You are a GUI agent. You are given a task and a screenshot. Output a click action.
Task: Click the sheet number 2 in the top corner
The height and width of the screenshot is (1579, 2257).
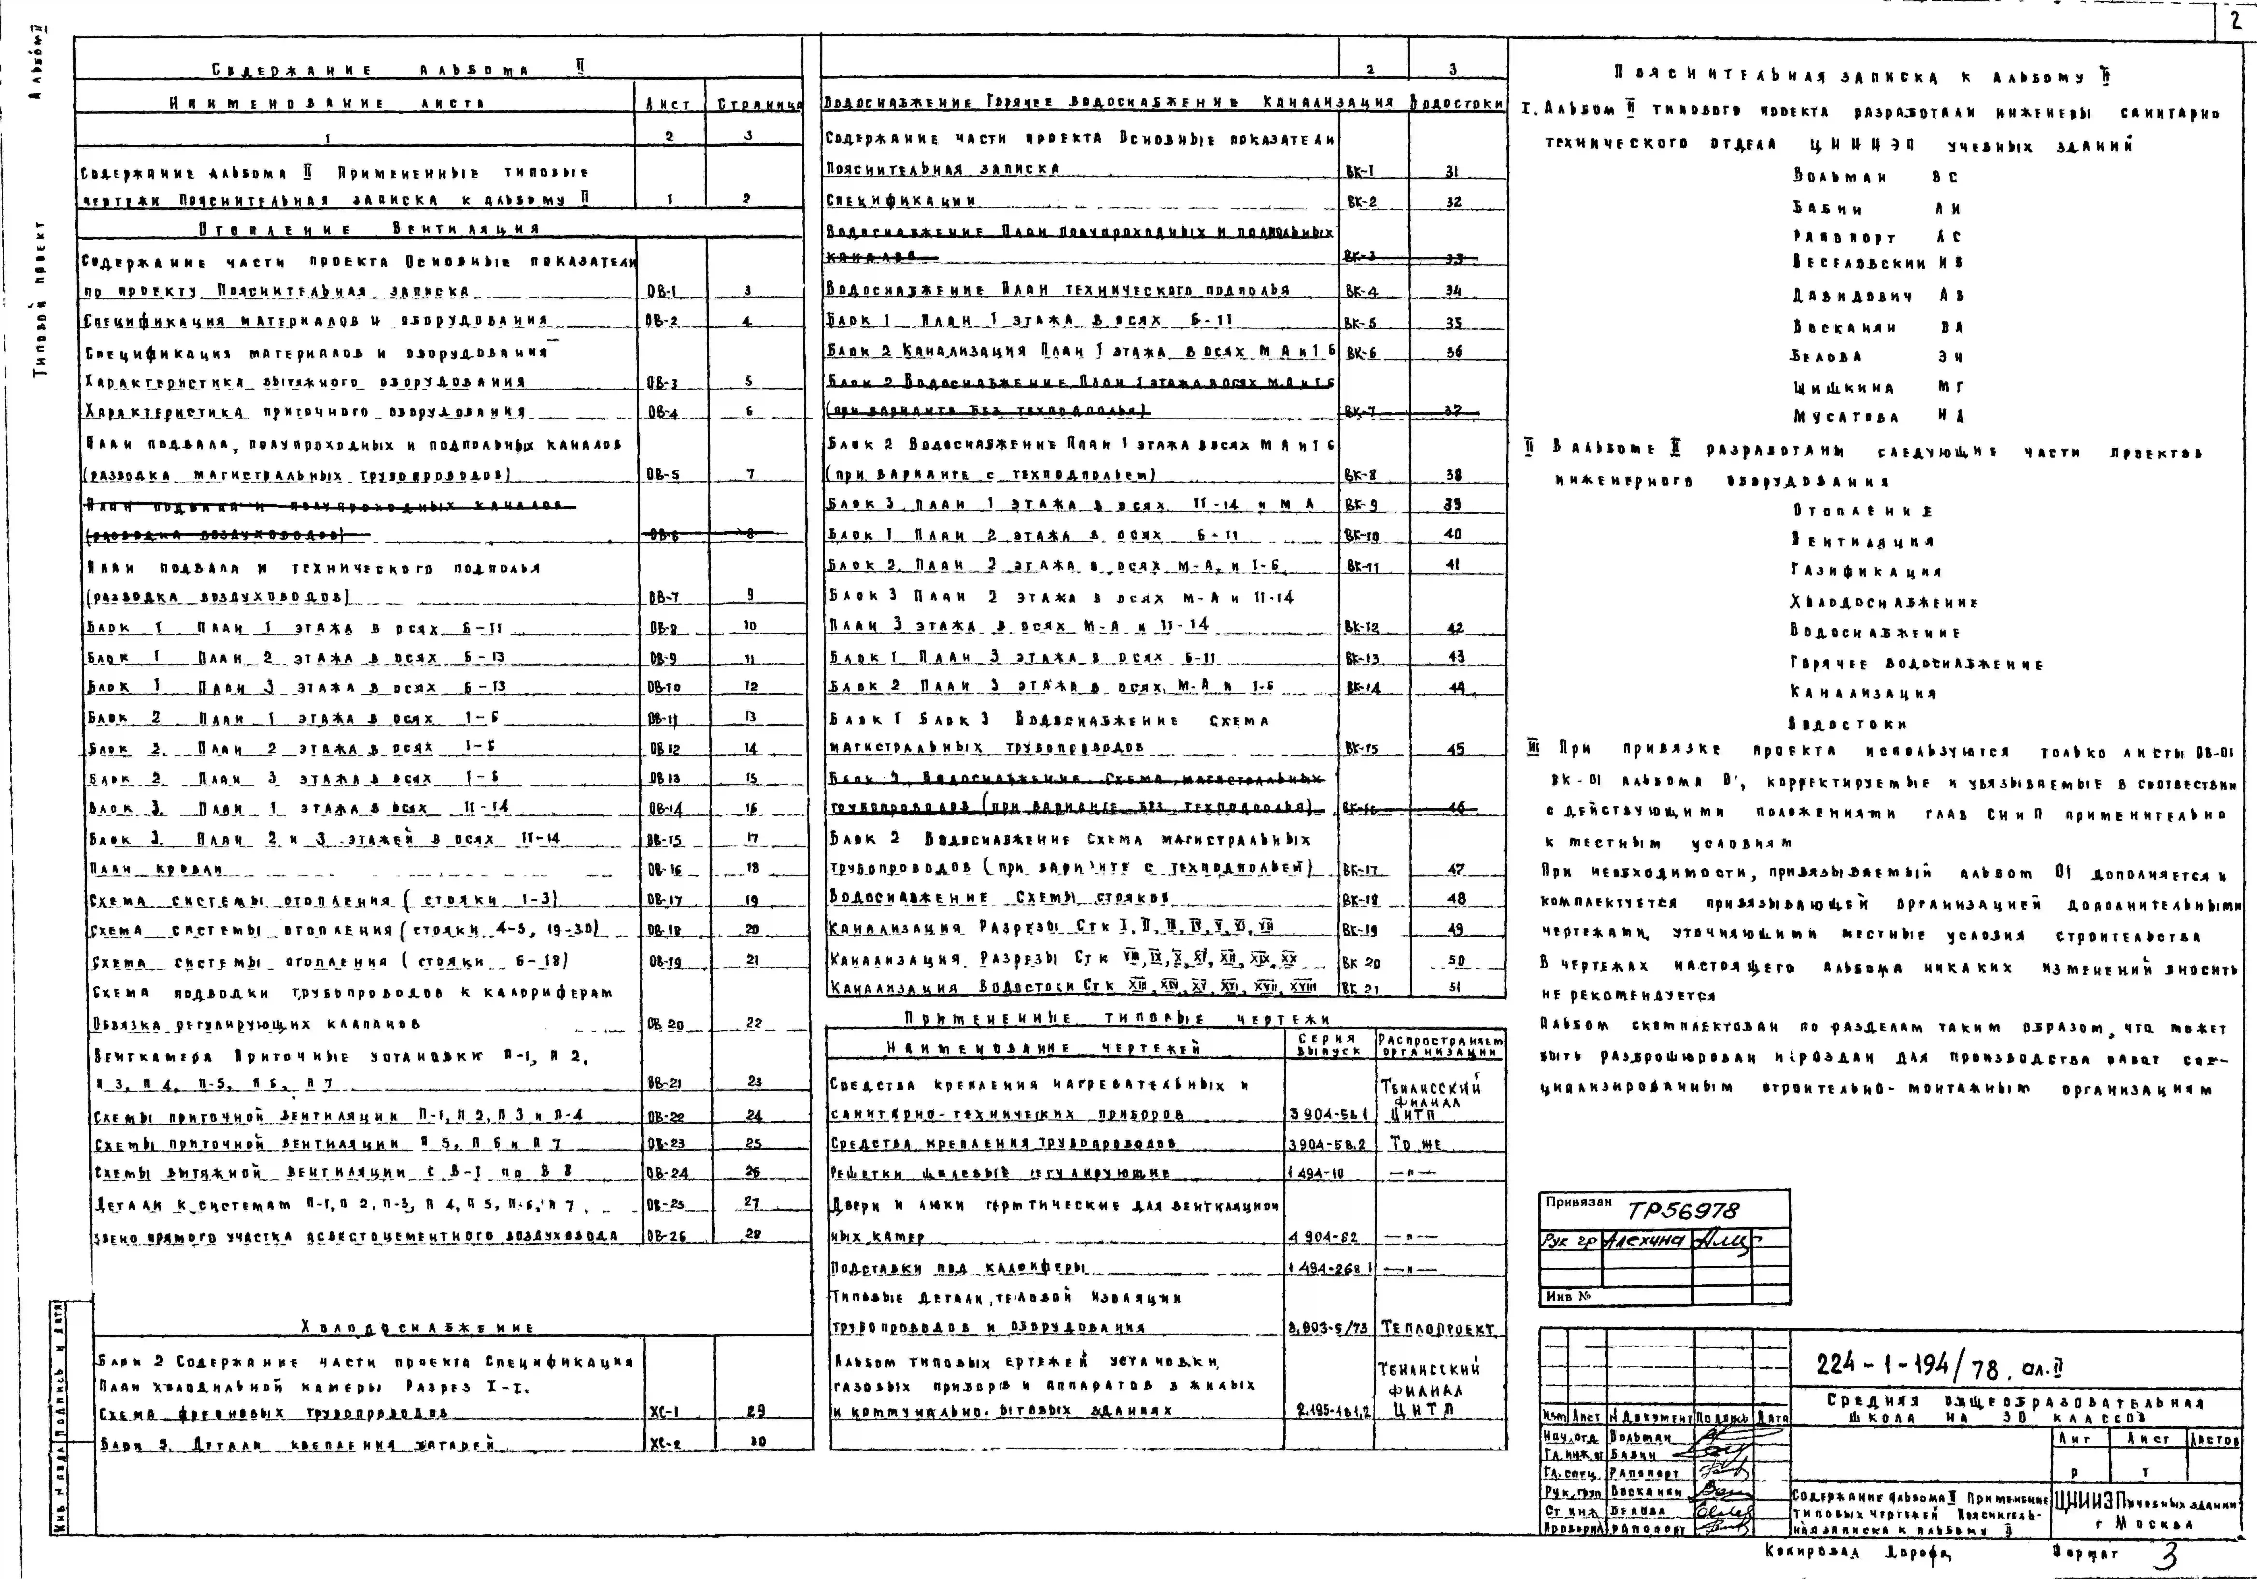2236,20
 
